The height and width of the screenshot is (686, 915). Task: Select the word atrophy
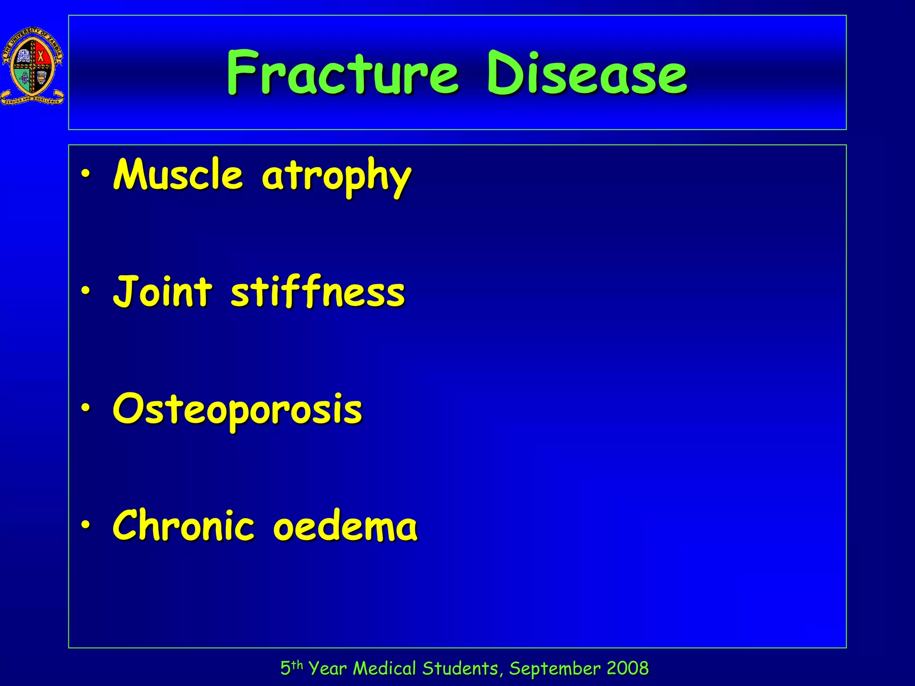pyautogui.click(x=336, y=177)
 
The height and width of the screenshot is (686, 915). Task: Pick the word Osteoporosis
pyautogui.click(x=237, y=410)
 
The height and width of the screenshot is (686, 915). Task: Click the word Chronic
pyautogui.click(x=183, y=526)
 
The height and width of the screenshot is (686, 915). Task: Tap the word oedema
pyautogui.click(x=345, y=526)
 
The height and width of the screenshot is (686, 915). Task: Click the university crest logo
pyautogui.click(x=33, y=66)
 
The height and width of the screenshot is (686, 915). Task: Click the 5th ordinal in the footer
pyautogui.click(x=291, y=668)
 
